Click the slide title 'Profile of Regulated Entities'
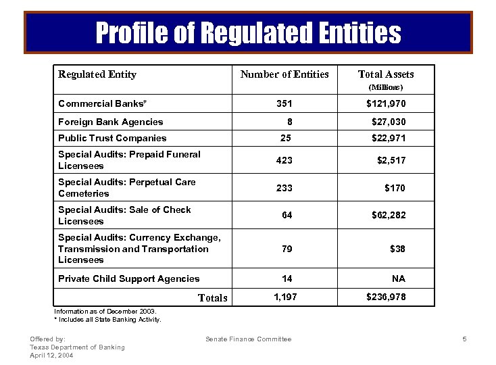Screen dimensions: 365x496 [x=248, y=32]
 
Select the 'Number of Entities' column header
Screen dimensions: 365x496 [x=284, y=74]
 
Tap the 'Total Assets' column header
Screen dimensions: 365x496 [x=385, y=74]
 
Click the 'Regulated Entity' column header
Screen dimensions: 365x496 [x=97, y=74]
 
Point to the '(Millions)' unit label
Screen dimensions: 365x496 [x=385, y=87]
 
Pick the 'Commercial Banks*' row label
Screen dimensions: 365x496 [x=103, y=104]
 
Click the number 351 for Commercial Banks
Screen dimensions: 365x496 [x=284, y=104]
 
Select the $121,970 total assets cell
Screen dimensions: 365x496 [x=386, y=104]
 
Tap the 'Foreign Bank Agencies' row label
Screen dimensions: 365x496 [x=111, y=122]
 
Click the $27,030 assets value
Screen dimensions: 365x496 [x=389, y=122]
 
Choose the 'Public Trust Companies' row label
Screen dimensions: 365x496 [x=112, y=138]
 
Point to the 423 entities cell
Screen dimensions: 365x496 [x=284, y=161]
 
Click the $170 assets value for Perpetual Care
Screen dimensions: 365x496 [x=395, y=188]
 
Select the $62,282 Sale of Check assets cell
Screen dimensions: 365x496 [x=389, y=216]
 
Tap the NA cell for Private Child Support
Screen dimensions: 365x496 [x=399, y=278]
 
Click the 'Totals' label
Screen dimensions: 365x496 [x=212, y=298]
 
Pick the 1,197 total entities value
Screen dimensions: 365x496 [x=284, y=297]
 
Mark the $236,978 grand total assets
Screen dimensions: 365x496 [x=386, y=297]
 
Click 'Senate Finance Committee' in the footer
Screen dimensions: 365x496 [x=249, y=339]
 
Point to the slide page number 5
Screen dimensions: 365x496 [x=465, y=339]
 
